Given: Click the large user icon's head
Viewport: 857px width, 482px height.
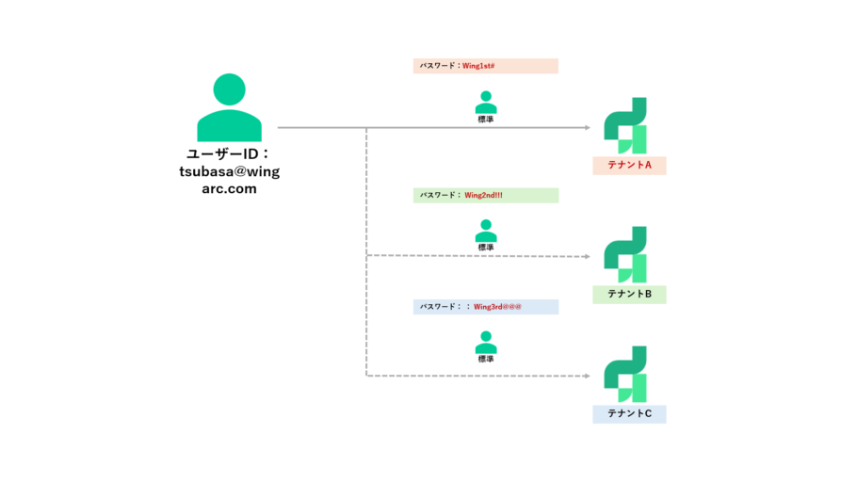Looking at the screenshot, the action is coord(229,89).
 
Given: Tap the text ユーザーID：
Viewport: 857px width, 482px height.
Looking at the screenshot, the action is coord(229,154).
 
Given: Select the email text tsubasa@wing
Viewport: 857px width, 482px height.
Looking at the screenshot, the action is coord(229,171).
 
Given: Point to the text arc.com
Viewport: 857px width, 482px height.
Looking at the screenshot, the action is coord(229,189).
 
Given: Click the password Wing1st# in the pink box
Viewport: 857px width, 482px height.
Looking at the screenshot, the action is coord(478,66).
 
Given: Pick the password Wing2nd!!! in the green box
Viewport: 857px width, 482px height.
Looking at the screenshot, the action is coord(483,195).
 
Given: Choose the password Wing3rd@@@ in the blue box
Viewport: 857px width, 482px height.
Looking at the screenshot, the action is coord(497,307).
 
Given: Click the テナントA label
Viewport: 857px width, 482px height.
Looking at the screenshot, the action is coord(630,165).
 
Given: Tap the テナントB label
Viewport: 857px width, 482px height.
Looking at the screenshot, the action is coord(630,294).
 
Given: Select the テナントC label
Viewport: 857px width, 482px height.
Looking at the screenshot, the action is coord(630,413).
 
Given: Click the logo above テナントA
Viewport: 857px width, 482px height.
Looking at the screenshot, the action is coord(625,126).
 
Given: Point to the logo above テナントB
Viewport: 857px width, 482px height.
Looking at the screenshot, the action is coord(625,255).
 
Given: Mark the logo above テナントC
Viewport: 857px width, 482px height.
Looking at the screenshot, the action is coord(625,375).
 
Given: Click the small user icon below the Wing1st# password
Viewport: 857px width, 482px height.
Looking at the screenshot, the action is coord(486,103).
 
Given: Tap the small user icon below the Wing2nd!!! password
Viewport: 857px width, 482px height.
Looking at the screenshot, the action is coord(486,231).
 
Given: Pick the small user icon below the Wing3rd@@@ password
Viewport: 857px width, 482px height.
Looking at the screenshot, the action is coord(486,343).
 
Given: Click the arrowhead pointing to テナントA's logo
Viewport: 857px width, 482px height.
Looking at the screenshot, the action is coord(588,128).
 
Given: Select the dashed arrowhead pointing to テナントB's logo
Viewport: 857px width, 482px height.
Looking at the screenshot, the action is coord(588,256).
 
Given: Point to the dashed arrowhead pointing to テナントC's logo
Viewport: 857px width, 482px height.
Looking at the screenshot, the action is coord(588,376).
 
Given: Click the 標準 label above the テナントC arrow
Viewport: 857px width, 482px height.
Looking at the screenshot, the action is coord(486,359).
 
